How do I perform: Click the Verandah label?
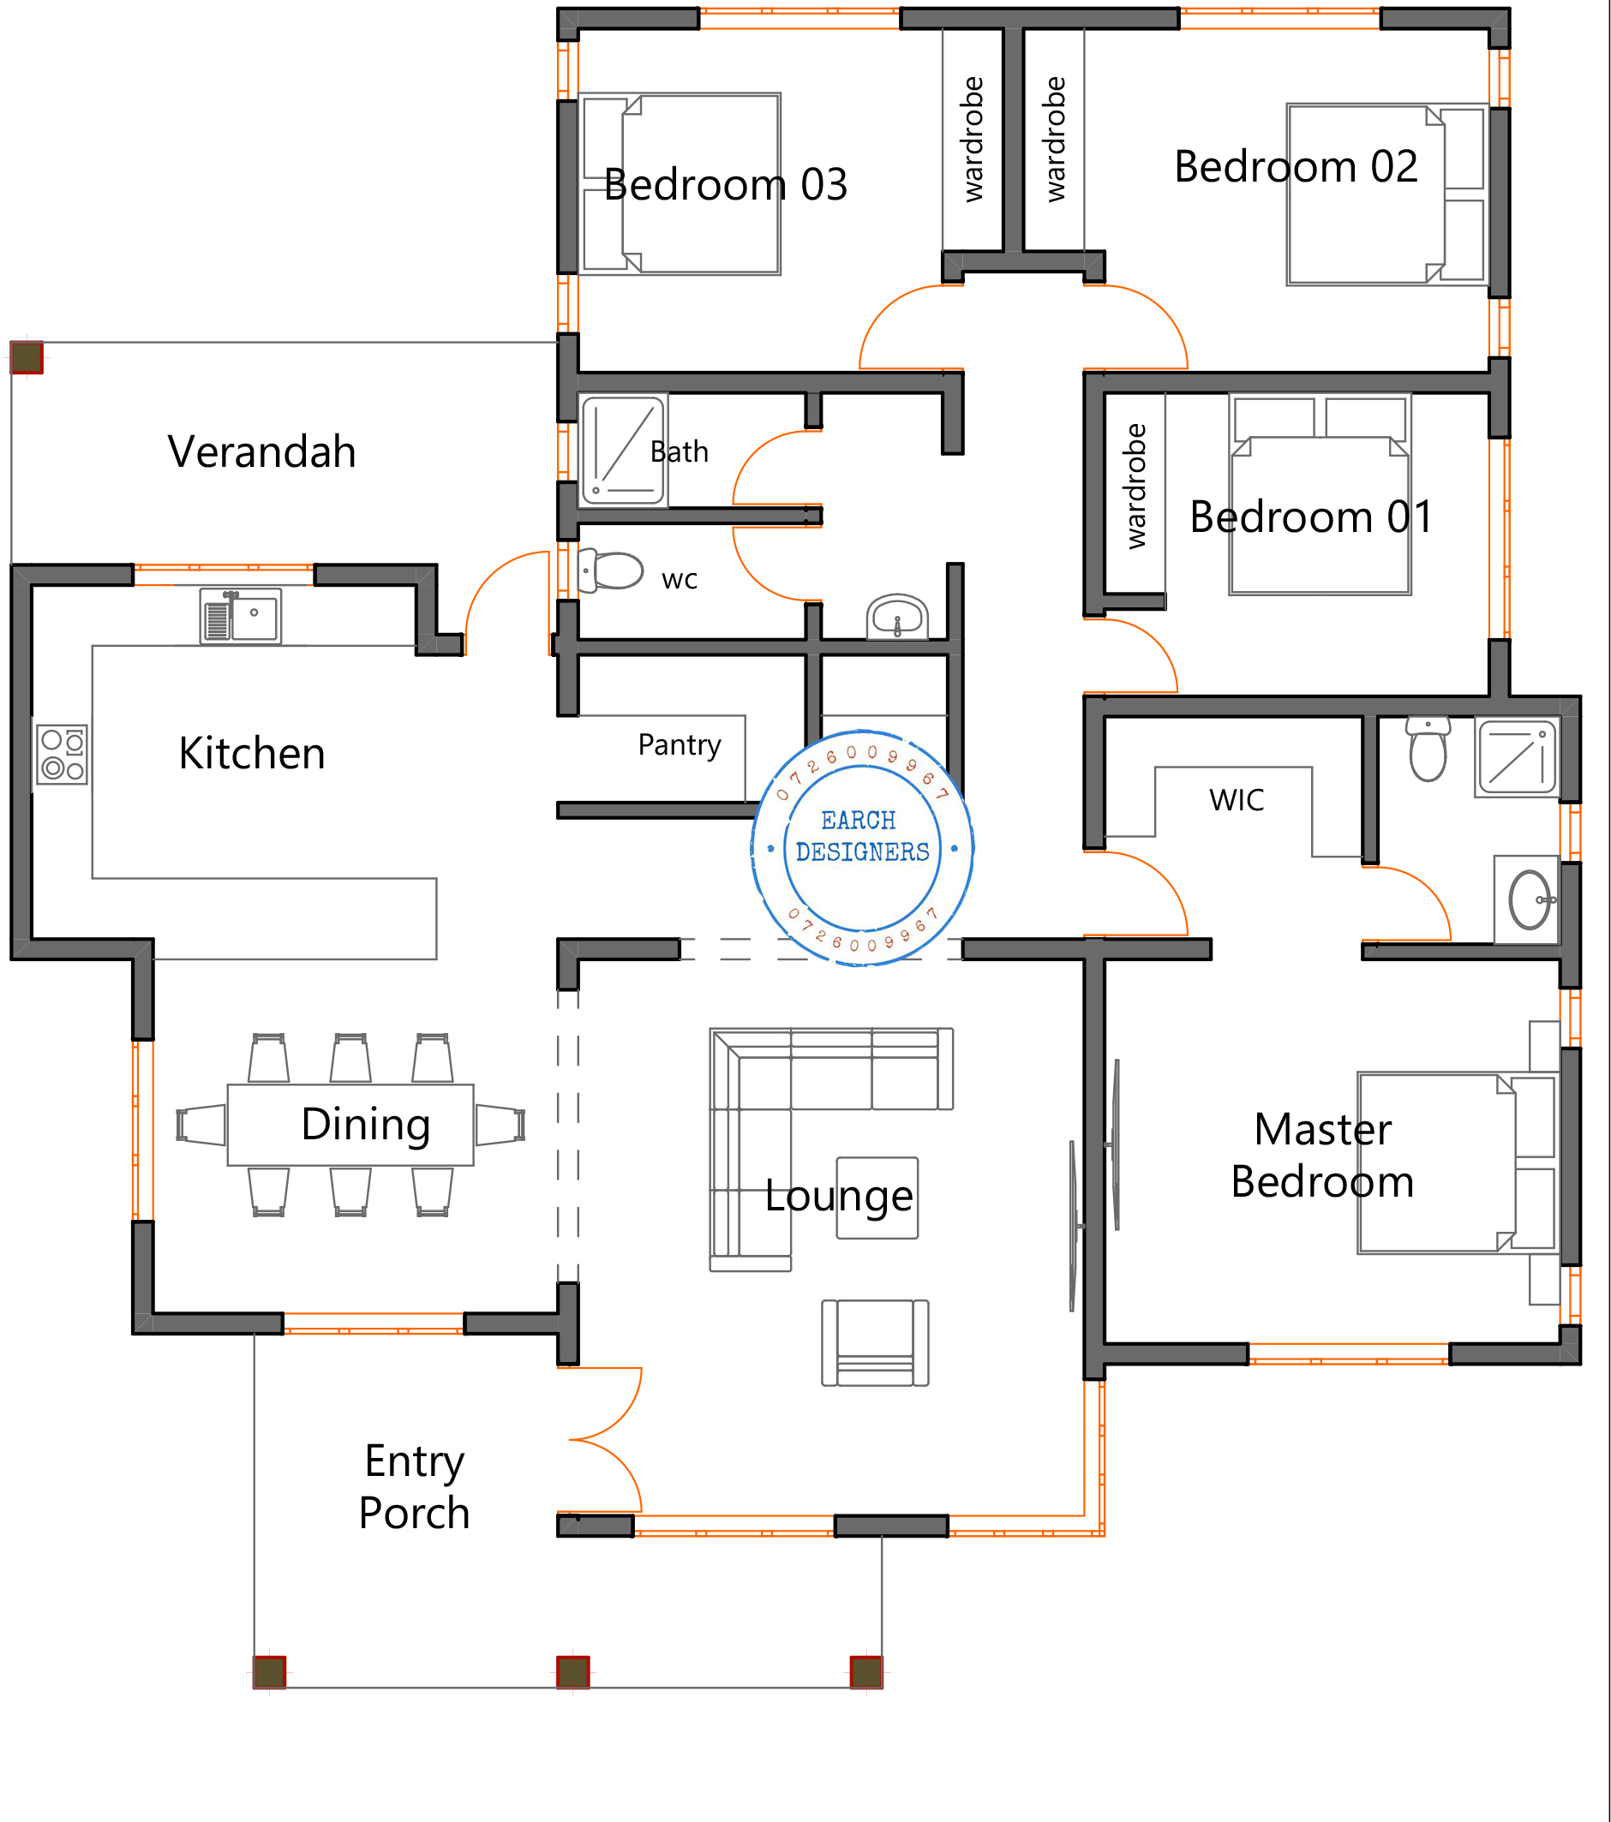262,452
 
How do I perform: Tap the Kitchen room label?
252,753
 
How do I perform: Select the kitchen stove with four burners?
63,755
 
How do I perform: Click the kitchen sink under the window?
241,615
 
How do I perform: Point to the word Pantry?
680,745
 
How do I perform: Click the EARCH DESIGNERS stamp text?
862,836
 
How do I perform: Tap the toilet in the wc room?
611,570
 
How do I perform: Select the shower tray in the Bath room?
623,451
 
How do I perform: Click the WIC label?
1237,800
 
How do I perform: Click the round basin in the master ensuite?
1530,900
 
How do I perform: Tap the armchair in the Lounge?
876,1342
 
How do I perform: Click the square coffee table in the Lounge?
877,1198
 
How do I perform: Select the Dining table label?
366,1125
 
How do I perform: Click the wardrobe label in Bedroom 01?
1135,486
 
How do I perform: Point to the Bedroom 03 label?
726,185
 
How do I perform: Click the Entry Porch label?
415,1487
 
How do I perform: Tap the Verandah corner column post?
27,357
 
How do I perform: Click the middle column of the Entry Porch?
573,1671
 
